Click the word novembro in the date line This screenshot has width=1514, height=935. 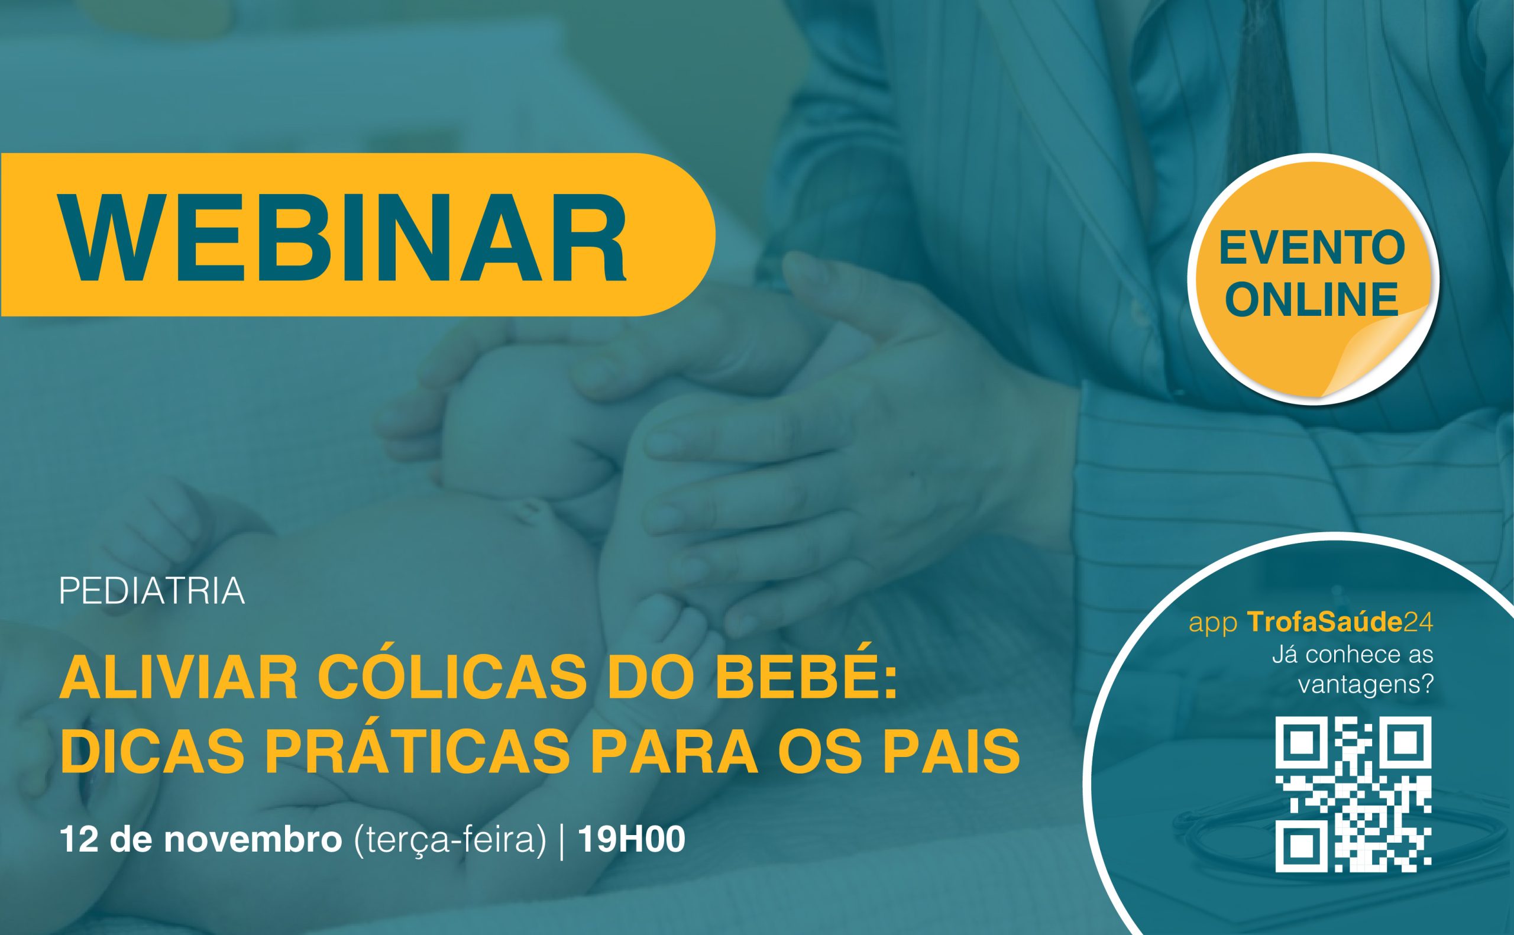point(253,840)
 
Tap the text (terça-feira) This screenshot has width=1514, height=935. point(450,841)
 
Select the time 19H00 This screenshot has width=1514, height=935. point(630,840)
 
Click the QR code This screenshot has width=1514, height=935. point(1353,794)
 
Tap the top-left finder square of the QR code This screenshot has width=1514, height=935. point(1298,739)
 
